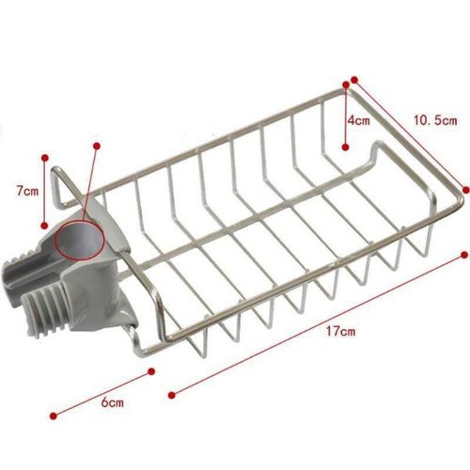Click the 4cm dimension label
point(357,121)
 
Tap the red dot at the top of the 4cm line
point(346,85)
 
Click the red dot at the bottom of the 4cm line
point(346,148)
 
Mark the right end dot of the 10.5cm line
point(464,188)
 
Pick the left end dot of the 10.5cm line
point(354,80)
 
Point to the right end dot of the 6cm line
point(151,373)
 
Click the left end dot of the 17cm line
point(170,392)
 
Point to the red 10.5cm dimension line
point(410,134)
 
